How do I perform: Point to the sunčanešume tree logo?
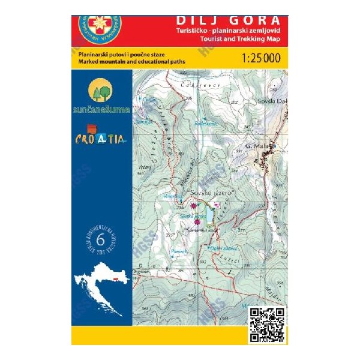tap(101, 92)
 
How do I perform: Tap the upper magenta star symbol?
tap(193, 205)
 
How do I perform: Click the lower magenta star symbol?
tap(197, 222)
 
